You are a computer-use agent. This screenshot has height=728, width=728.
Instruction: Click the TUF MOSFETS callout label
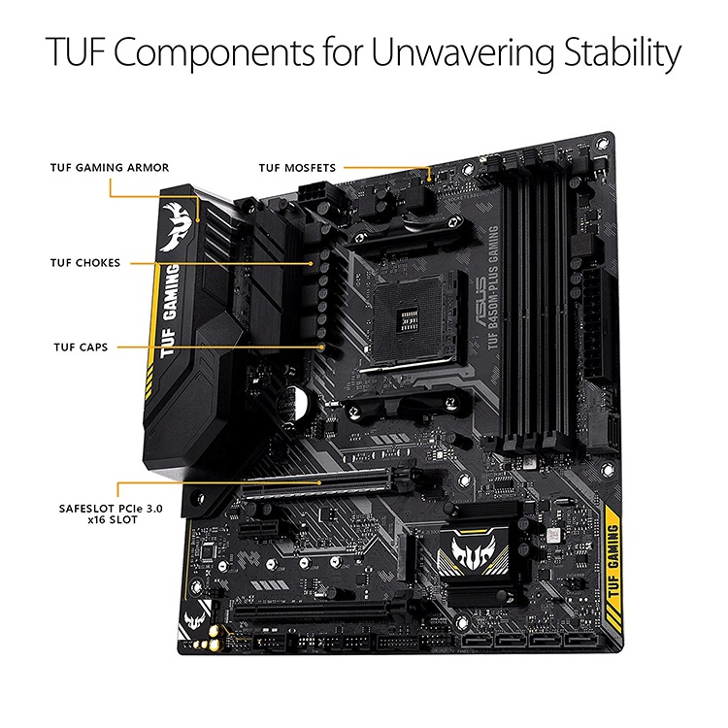click(297, 168)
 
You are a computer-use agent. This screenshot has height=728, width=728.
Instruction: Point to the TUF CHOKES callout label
click(85, 262)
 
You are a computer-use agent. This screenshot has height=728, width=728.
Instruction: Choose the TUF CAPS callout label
click(80, 346)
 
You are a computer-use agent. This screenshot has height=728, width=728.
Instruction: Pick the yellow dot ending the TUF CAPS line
click(321, 346)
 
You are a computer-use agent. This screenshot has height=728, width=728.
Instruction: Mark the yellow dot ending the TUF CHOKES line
click(312, 262)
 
